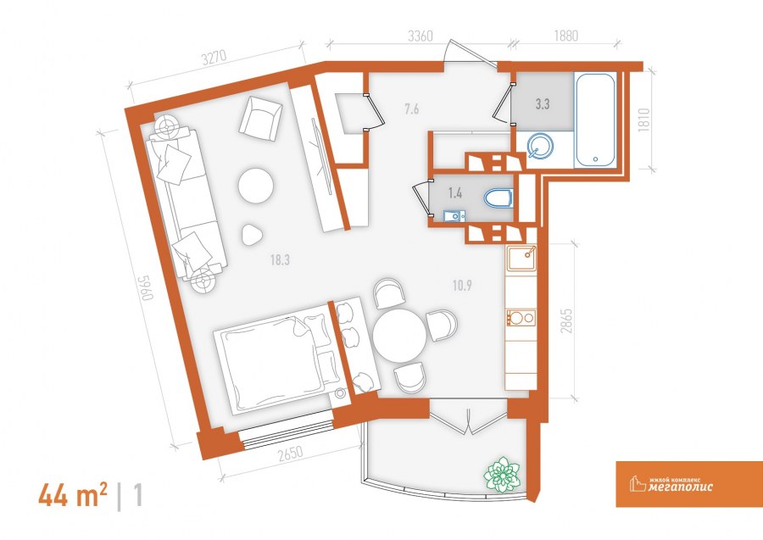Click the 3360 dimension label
[420, 36]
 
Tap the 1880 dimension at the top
[565, 36]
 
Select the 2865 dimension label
[566, 320]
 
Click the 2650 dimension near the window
[291, 454]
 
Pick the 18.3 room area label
[281, 260]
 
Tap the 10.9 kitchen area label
[462, 285]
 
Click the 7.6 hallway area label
[412, 109]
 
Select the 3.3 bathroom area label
[543, 103]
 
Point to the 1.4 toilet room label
[455, 193]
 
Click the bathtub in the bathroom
[595, 120]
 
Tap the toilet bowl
[498, 198]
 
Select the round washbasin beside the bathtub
[541, 146]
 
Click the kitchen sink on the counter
[521, 259]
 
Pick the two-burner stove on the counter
[521, 318]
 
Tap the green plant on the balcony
[502, 473]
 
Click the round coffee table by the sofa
[255, 185]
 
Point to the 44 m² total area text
[73, 495]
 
